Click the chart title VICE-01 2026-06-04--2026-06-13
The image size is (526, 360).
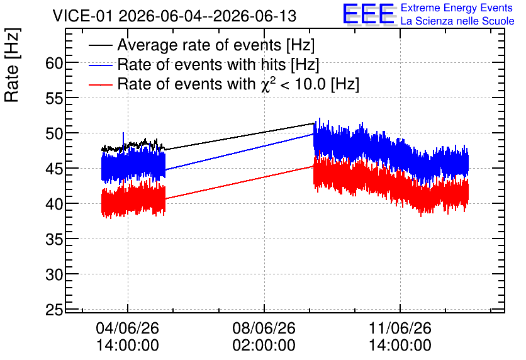pos(174,16)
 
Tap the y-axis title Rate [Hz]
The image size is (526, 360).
pos(12,65)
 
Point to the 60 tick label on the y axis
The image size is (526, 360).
pos(54,63)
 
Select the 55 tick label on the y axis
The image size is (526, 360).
pos(54,98)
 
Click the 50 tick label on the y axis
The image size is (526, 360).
pos(54,133)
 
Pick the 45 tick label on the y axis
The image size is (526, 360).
pos(54,169)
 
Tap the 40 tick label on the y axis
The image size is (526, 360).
pos(54,204)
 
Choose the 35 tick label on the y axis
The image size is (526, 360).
pos(54,240)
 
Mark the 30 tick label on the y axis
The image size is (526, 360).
pos(54,275)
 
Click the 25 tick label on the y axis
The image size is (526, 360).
pos(54,310)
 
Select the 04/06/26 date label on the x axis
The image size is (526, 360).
pos(128,328)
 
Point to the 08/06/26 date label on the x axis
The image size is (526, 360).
pos(264,328)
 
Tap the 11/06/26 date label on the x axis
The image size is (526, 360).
pos(400,328)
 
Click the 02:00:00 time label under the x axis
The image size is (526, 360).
pos(264,346)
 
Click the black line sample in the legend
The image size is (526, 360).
pos(100,45)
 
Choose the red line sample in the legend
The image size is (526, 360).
pos(100,84)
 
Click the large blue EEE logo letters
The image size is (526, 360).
pos(369,14)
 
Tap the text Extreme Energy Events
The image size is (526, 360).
pos(457,8)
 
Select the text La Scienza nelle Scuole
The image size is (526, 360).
pos(457,21)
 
